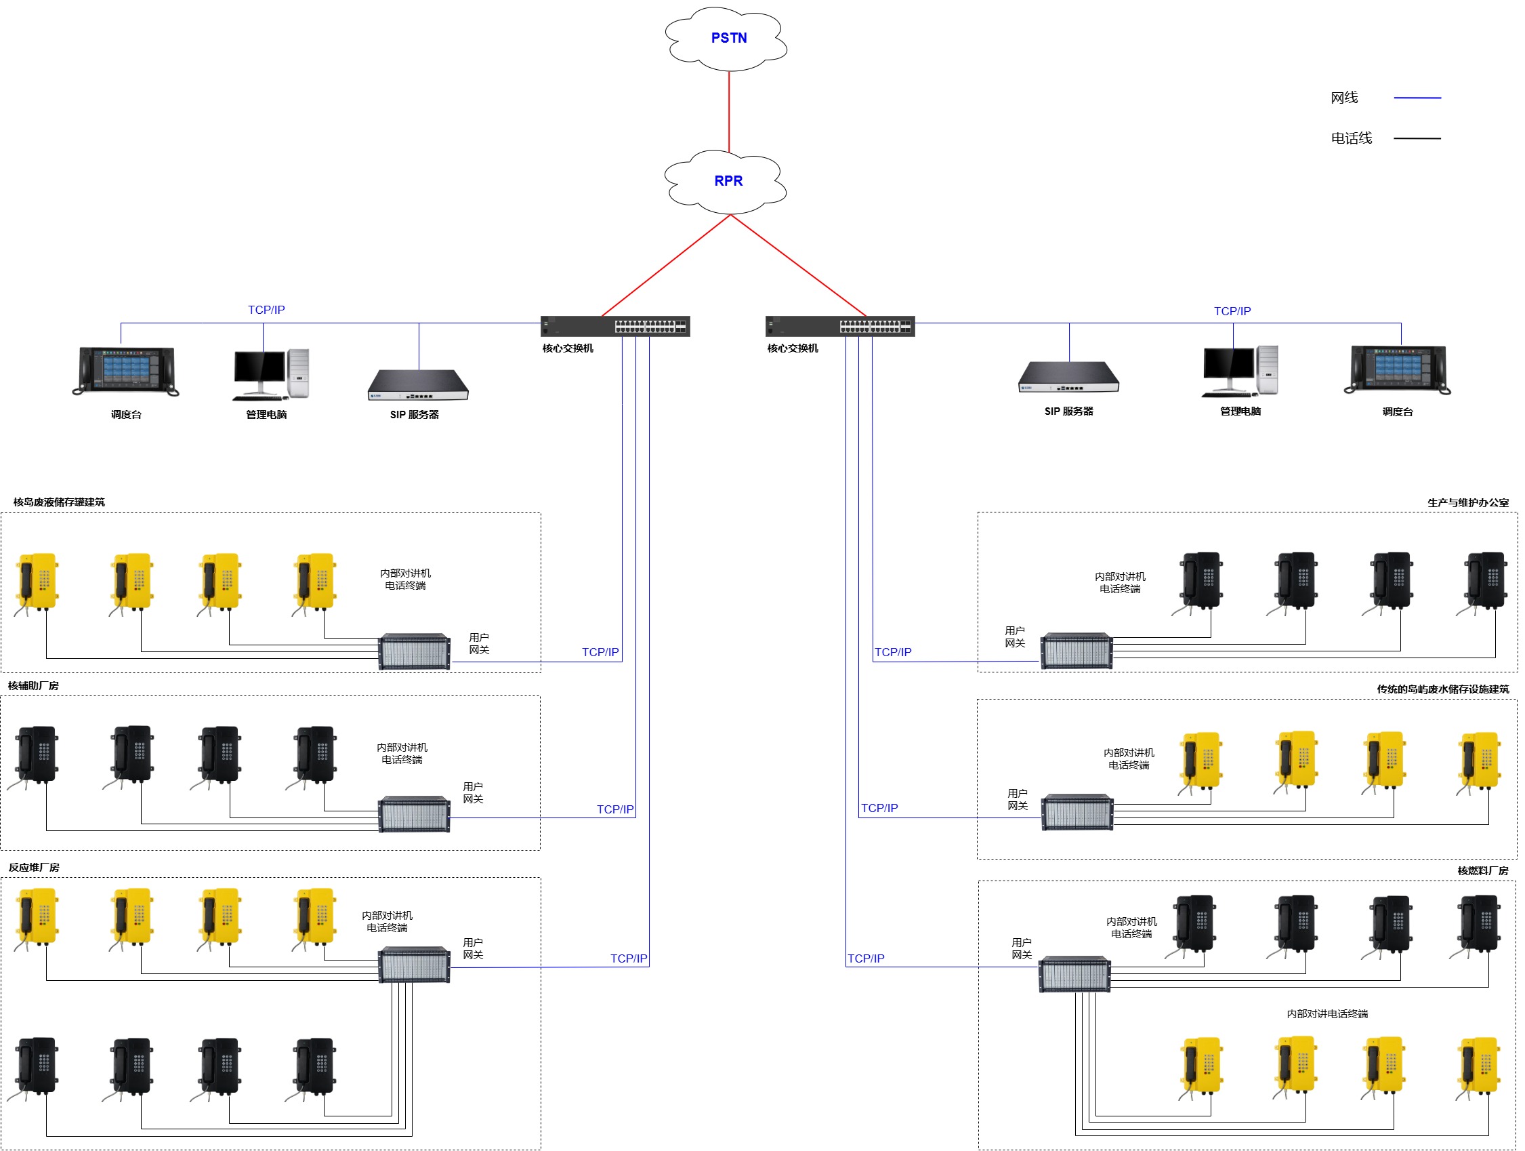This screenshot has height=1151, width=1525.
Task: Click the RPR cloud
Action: (x=727, y=182)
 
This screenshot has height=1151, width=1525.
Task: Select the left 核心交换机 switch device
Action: (x=615, y=326)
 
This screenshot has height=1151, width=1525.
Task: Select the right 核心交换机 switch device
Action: (x=839, y=326)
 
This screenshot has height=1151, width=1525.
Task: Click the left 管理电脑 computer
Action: (x=271, y=374)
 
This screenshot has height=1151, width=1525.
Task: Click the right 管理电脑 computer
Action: (x=1240, y=371)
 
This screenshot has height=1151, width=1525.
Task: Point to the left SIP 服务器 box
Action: (x=418, y=385)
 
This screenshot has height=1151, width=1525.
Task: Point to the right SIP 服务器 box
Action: (x=1068, y=376)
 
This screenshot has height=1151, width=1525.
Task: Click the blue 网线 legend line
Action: (x=1417, y=98)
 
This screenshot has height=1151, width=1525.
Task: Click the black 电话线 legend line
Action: (x=1417, y=138)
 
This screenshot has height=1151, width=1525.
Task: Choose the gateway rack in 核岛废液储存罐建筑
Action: (x=415, y=651)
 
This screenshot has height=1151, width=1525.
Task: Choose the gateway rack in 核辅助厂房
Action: (x=415, y=815)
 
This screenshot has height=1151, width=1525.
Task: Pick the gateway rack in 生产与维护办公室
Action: (x=1077, y=651)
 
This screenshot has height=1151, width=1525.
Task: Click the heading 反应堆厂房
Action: (x=34, y=868)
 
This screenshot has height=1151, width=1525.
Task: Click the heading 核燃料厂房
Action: (x=1482, y=871)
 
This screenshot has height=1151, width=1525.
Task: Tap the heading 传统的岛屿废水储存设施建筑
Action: (x=1442, y=689)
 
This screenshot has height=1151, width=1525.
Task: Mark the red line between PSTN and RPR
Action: (x=729, y=112)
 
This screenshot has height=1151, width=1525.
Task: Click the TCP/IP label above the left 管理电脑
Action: (x=266, y=310)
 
